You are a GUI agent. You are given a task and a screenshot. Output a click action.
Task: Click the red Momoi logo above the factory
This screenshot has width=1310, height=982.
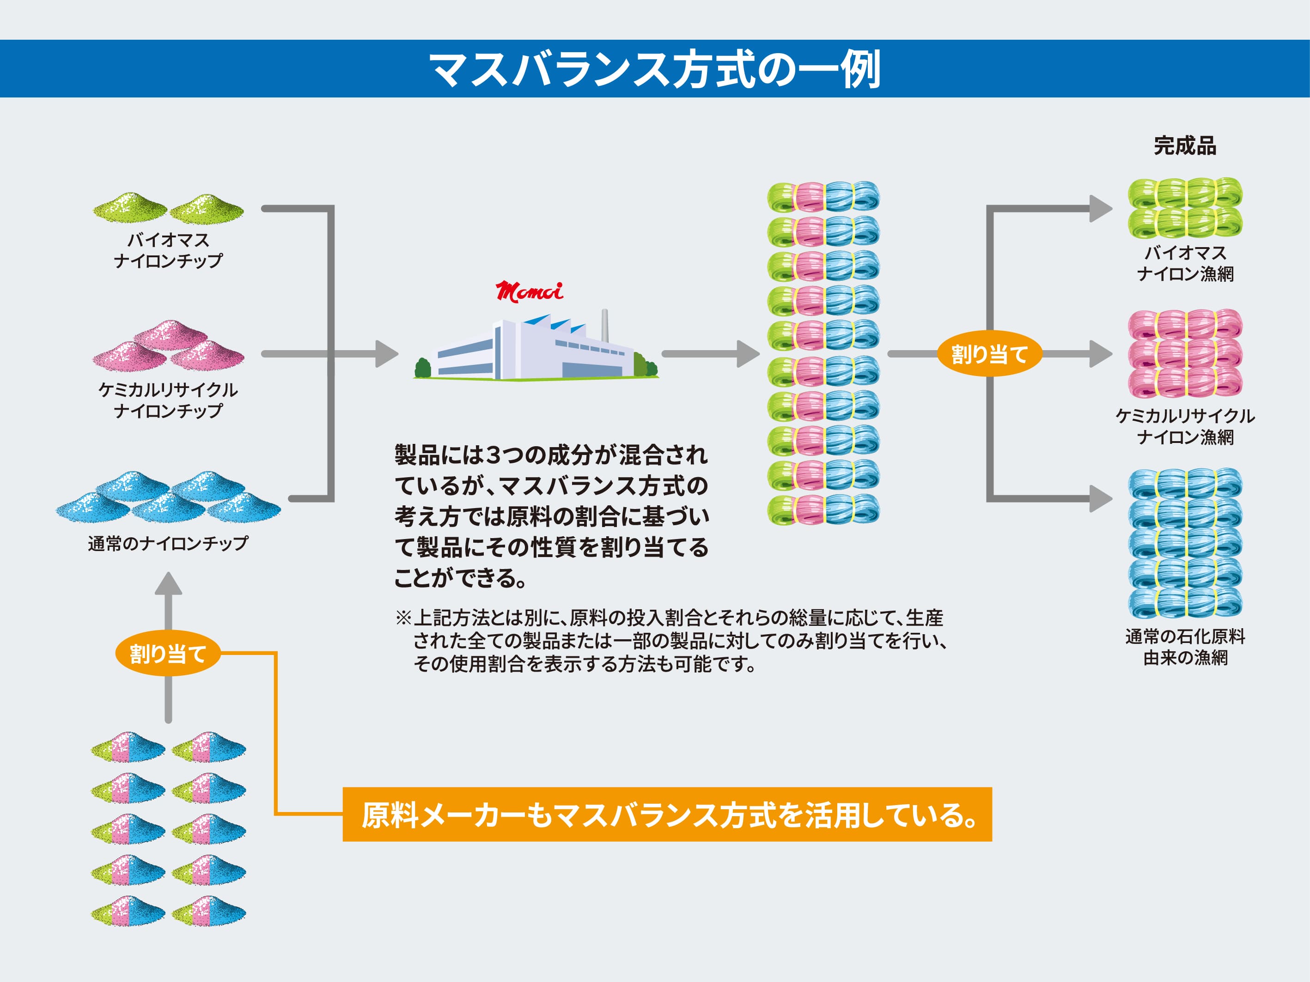[530, 291]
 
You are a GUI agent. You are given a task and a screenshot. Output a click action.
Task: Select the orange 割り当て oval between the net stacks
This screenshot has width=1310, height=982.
[989, 354]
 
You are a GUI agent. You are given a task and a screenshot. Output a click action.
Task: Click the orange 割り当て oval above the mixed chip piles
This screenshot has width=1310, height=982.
[168, 654]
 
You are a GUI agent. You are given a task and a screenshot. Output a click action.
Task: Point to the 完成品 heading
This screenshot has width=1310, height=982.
[1185, 145]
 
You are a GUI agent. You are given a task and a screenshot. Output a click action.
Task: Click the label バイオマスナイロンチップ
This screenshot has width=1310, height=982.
[168, 250]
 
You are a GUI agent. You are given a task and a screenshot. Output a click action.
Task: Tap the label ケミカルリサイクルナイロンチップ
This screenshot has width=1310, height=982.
[168, 400]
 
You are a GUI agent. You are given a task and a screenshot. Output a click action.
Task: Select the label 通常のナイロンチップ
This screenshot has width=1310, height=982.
[168, 543]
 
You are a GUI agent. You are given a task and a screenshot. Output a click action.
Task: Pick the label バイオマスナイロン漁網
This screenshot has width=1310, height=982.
[1185, 263]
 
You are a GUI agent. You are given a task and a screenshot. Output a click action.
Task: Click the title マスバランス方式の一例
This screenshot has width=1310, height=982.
[655, 69]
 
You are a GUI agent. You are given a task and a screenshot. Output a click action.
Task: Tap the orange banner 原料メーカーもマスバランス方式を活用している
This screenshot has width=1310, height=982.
[667, 814]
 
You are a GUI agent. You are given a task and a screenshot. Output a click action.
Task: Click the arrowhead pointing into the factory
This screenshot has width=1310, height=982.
[387, 354]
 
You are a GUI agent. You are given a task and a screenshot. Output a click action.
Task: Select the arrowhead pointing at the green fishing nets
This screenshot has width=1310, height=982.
[1101, 209]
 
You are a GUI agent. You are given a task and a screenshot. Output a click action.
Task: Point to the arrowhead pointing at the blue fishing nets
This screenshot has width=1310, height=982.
[1101, 498]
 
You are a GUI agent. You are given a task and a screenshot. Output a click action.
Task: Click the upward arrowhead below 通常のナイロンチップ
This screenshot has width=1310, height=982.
[168, 583]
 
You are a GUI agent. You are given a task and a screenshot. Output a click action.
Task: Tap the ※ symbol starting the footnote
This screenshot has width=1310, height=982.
[403, 618]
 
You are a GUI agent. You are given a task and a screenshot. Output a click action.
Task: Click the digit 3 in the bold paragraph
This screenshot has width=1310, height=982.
[493, 455]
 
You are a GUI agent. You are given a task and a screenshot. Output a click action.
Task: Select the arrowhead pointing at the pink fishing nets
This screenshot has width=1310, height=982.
[1101, 354]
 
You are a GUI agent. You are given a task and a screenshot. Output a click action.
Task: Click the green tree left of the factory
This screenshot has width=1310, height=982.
[423, 368]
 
